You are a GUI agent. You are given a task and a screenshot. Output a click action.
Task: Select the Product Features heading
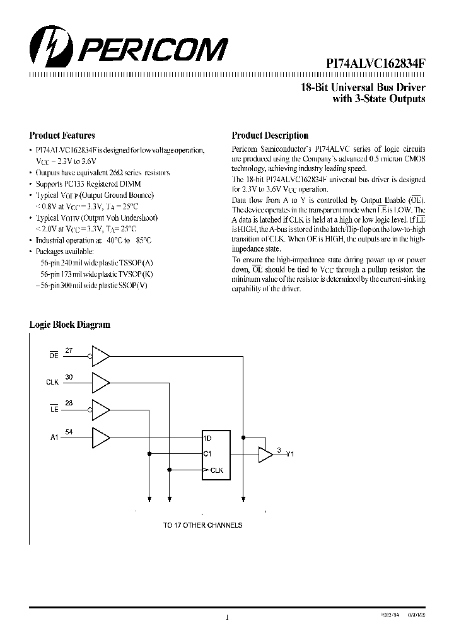[x=62, y=136]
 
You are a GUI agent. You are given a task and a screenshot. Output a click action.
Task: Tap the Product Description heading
[x=270, y=136]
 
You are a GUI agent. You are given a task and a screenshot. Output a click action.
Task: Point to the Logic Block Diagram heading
[x=70, y=325]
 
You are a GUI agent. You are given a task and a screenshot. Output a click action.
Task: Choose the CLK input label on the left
[x=52, y=383]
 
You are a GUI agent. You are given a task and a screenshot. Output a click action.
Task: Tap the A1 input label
[x=54, y=436]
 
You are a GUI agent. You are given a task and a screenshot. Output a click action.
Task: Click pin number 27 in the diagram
[x=69, y=350]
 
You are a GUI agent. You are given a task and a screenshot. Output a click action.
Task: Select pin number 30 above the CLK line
[x=69, y=376]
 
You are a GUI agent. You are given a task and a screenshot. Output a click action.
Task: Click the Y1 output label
[x=290, y=454]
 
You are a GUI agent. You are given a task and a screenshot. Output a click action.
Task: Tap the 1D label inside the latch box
[x=207, y=438]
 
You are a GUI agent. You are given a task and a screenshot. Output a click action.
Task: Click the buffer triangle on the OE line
[x=100, y=356]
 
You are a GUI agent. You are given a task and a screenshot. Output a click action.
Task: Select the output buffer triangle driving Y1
[x=265, y=454]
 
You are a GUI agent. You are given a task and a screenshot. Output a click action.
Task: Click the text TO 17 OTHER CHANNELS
[x=202, y=525]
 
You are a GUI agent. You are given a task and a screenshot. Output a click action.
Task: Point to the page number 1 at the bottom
[x=226, y=618]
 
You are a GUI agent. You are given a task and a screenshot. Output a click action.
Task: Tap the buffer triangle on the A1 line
[x=100, y=436]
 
